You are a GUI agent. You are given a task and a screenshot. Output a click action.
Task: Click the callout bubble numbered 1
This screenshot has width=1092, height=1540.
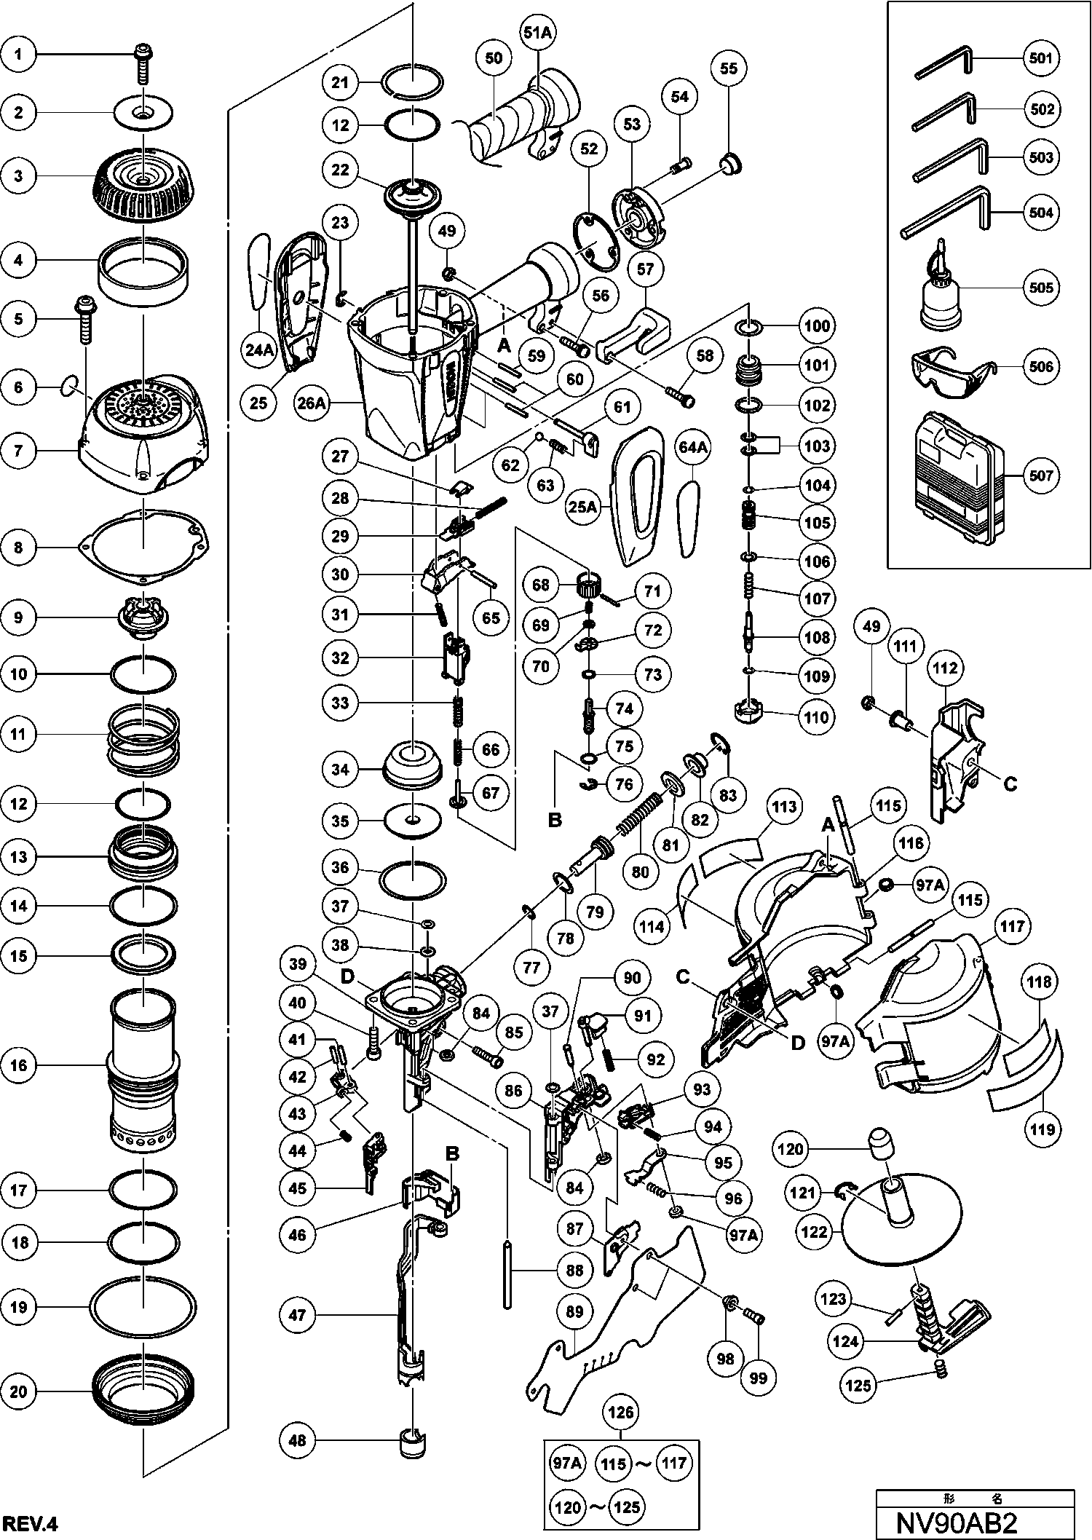20,55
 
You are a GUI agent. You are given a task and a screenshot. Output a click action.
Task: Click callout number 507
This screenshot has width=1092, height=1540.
1042,475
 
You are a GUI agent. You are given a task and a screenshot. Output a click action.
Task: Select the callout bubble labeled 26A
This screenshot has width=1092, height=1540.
311,403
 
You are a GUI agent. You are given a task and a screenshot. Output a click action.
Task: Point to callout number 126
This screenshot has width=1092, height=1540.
621,1413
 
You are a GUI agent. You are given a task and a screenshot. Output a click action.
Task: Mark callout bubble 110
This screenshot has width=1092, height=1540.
816,717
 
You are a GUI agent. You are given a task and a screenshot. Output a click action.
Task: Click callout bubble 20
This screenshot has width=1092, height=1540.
20,1392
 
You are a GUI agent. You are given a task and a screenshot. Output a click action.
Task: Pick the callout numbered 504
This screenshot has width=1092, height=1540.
1042,213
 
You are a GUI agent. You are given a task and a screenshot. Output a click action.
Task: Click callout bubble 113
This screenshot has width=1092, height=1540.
784,807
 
